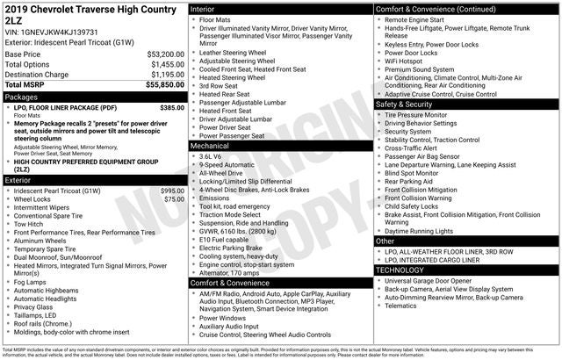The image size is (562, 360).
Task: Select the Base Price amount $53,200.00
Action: tap(165, 54)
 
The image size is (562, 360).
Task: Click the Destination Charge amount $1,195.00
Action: tap(165, 75)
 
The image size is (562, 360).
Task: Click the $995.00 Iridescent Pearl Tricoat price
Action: tap(172, 191)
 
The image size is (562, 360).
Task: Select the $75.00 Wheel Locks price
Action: tap(174, 199)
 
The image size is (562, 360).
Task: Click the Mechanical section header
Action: tap(209, 146)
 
